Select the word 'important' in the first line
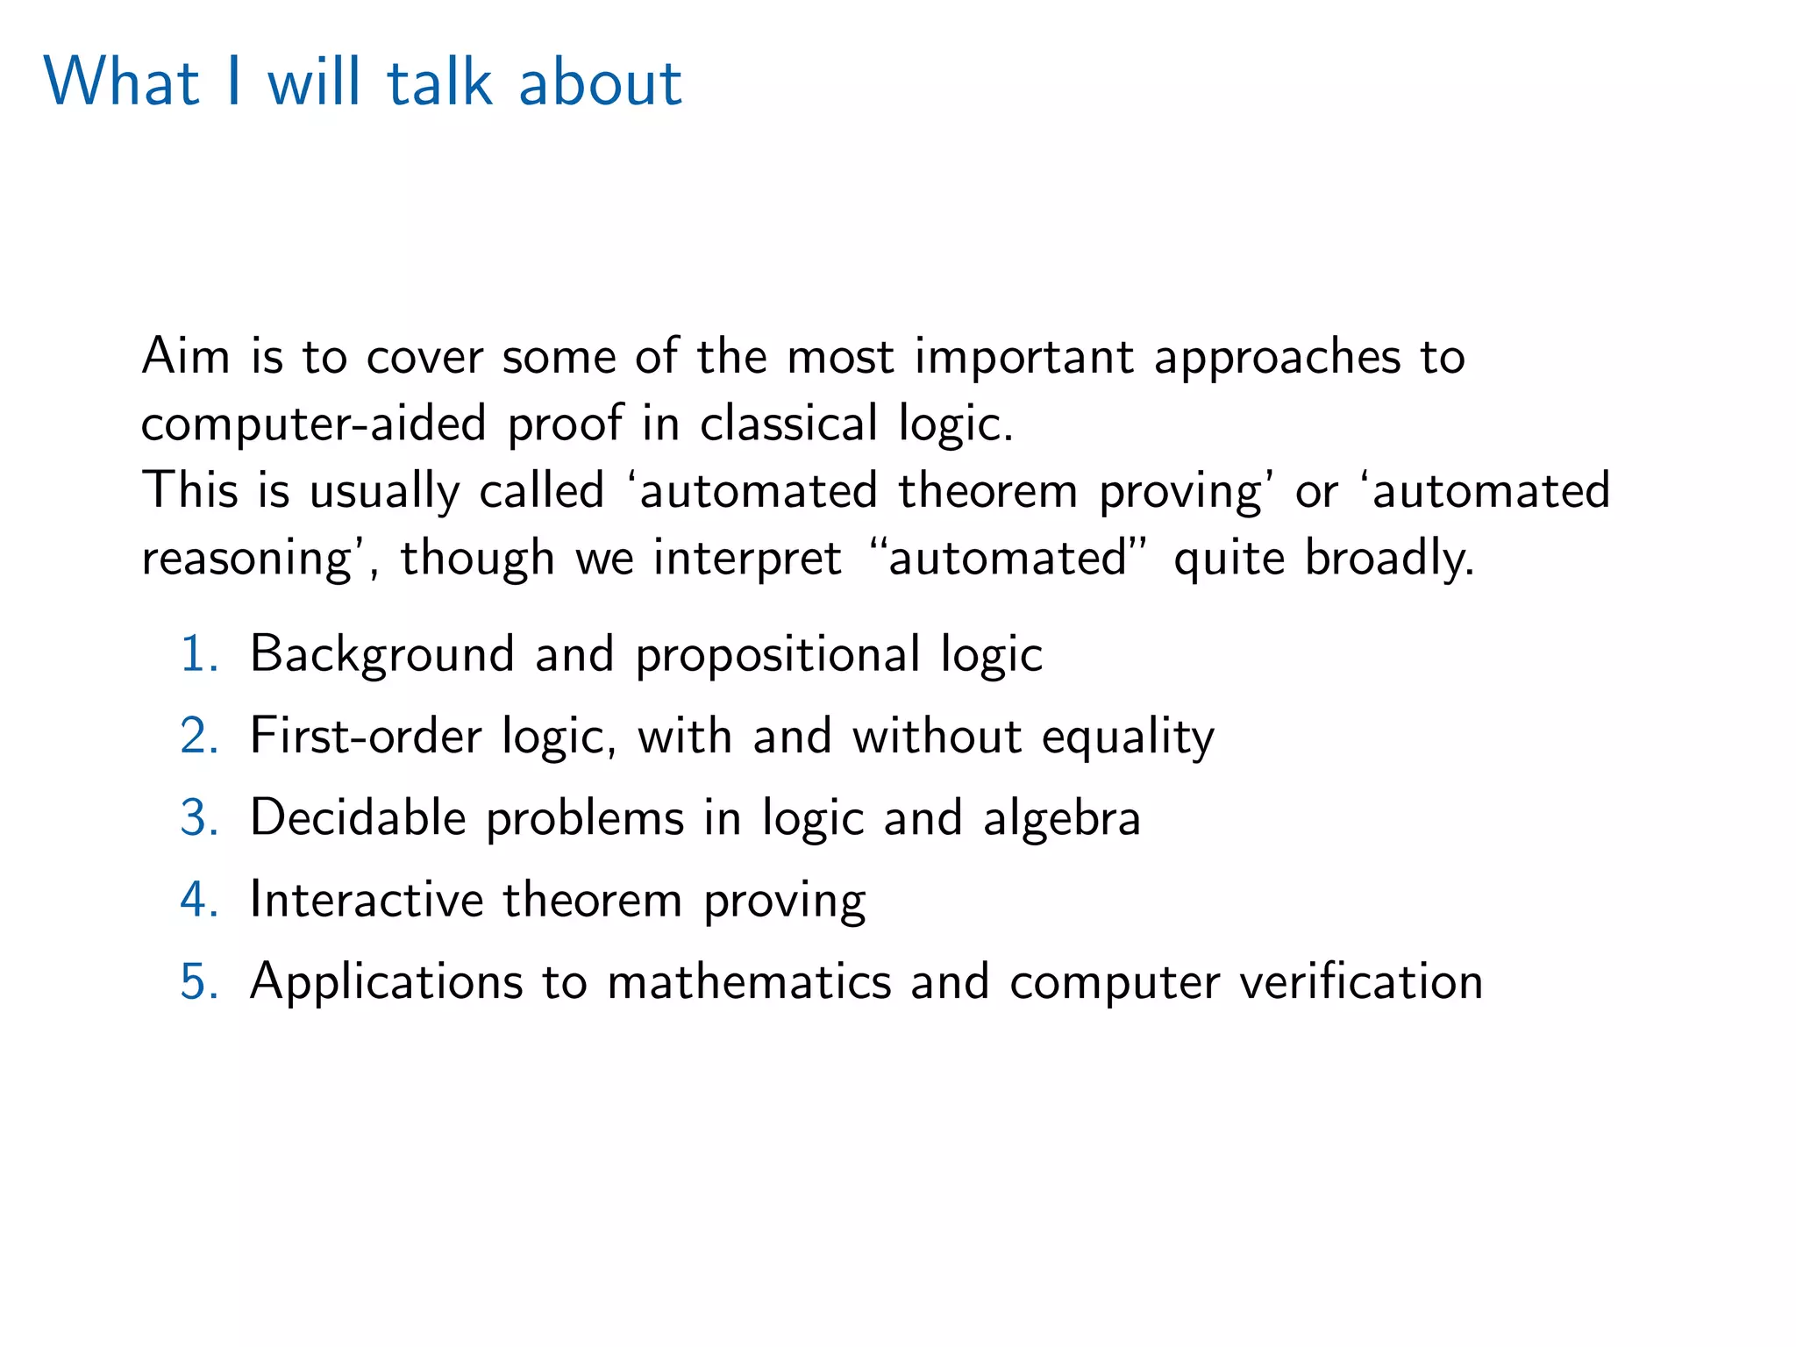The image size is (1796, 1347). pyautogui.click(x=1023, y=358)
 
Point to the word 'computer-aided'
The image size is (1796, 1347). pyautogui.click(x=313, y=424)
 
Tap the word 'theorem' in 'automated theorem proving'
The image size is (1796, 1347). pyautogui.click(x=987, y=490)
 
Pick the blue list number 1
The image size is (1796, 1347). pyautogui.click(x=197, y=654)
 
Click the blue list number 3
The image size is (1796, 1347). pyautogui.click(x=198, y=817)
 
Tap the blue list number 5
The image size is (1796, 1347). pyautogui.click(x=198, y=980)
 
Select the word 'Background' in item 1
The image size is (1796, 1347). pyautogui.click(x=381, y=655)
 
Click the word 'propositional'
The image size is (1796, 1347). pyautogui.click(x=777, y=655)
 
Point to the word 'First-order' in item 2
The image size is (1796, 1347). pyautogui.click(x=366, y=735)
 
